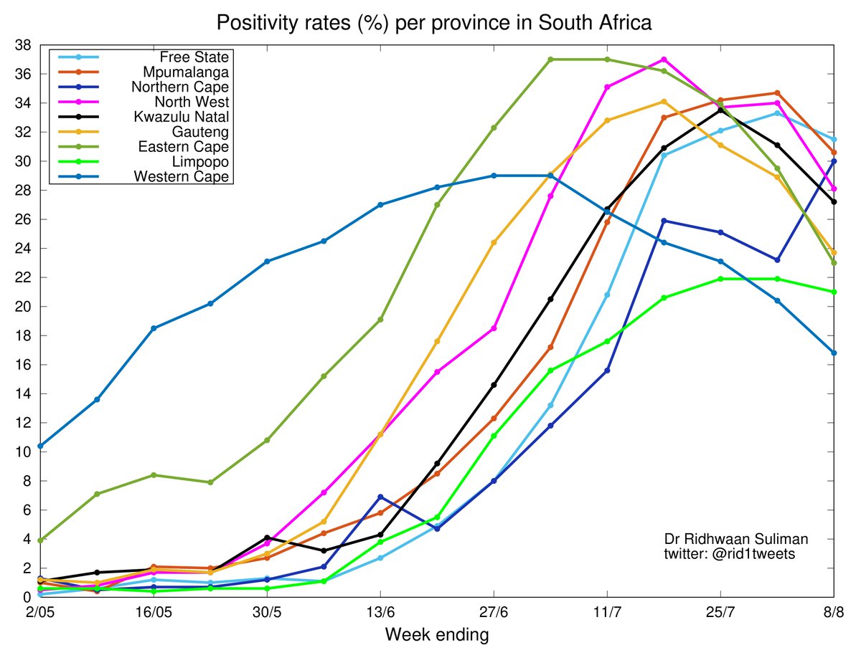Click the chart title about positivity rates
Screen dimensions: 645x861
click(434, 23)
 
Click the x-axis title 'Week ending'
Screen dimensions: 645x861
click(437, 634)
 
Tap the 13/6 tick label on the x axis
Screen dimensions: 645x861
click(380, 613)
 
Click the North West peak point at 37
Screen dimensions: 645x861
click(664, 59)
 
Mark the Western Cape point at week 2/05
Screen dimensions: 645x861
click(39, 446)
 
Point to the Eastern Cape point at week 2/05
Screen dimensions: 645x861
click(39, 540)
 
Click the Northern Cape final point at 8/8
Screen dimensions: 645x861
click(834, 161)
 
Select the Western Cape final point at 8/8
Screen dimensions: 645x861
click(834, 353)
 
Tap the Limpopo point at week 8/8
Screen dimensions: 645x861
click(834, 292)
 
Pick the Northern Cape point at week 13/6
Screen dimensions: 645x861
click(380, 497)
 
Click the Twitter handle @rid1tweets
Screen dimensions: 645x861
click(728, 555)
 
